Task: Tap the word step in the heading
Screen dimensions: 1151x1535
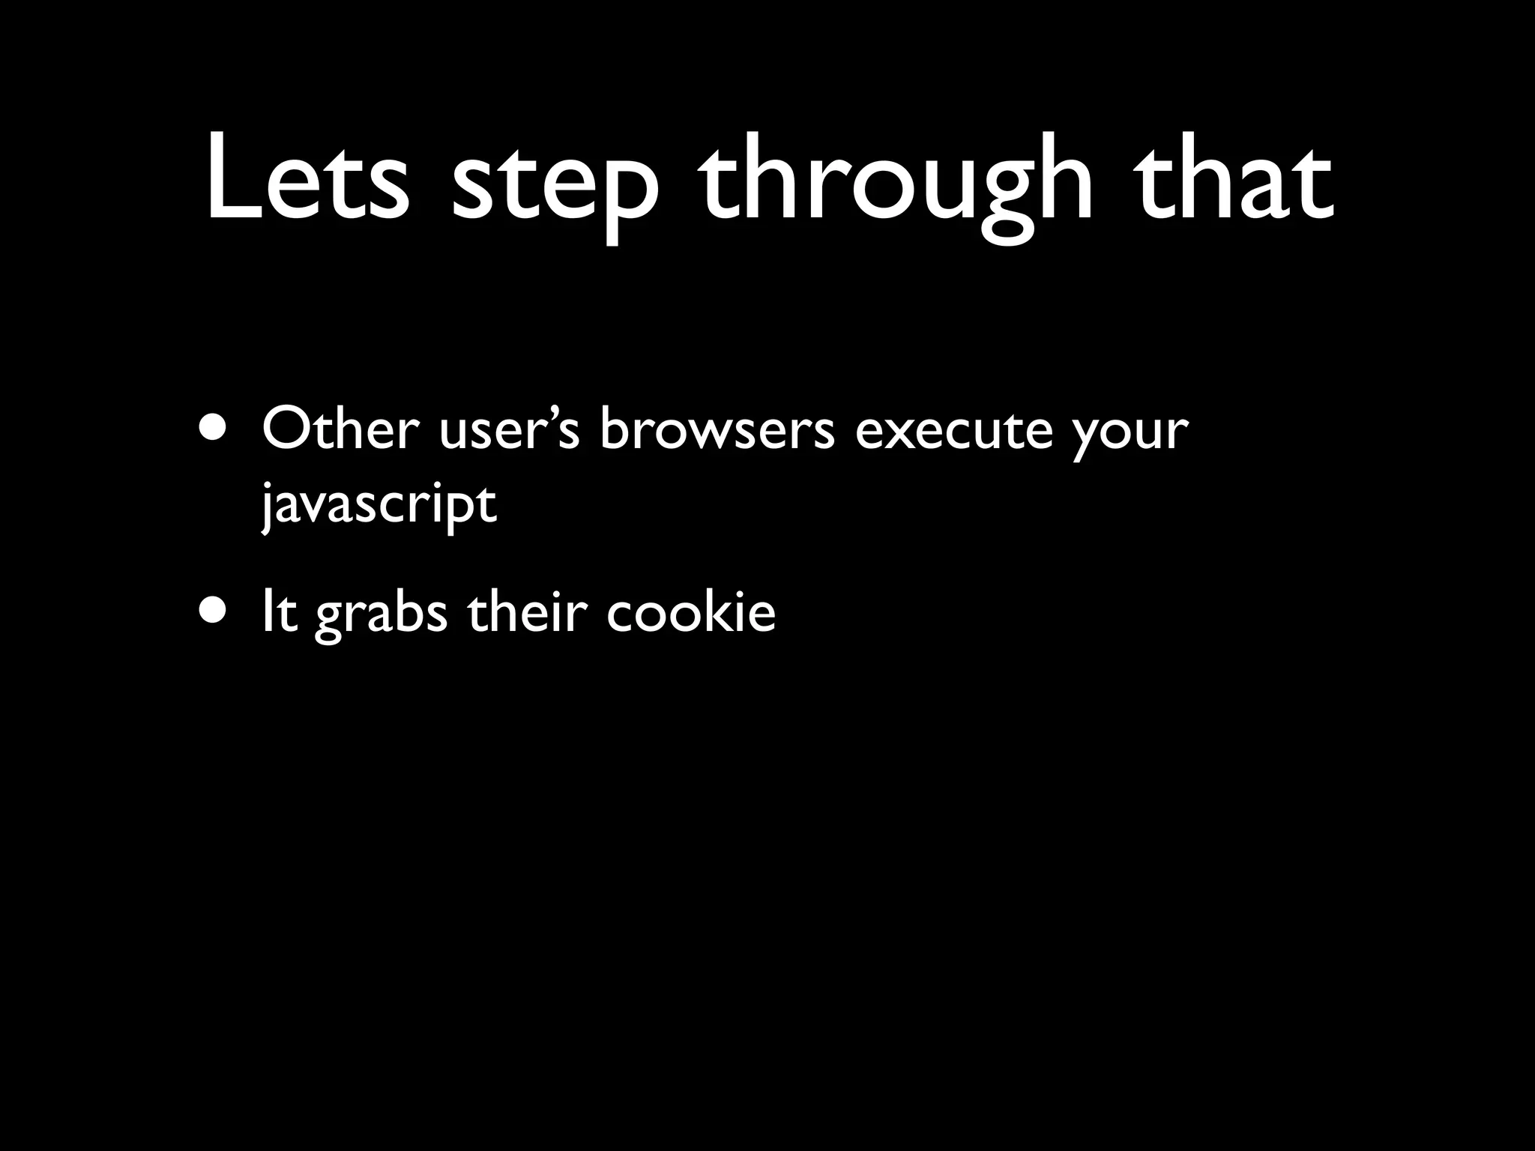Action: coord(555,184)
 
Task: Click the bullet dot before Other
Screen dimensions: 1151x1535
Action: coord(217,432)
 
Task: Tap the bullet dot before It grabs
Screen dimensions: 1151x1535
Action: coord(217,612)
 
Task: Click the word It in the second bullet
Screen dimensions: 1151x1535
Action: coord(280,612)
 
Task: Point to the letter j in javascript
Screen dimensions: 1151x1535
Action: coord(267,507)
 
